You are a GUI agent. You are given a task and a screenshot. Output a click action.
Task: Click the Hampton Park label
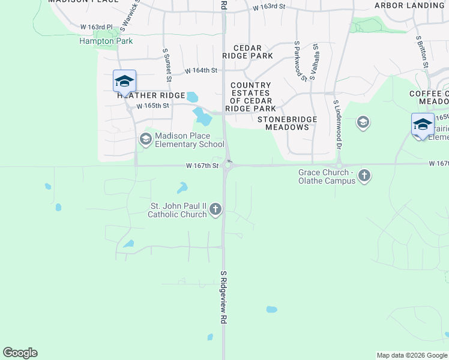[x=106, y=41]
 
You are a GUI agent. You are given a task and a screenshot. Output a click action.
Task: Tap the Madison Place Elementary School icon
[x=145, y=140]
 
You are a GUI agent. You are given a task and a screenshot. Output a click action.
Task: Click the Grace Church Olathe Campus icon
[x=364, y=176]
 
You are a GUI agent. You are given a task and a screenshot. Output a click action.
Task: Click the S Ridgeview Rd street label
[x=223, y=298]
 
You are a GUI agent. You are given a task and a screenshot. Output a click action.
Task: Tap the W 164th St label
[x=200, y=71]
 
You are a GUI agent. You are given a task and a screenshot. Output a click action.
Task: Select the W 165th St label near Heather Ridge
[x=153, y=106]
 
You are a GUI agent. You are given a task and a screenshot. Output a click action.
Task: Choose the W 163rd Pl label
[x=97, y=28]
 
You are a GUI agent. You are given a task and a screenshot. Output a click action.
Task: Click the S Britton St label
[x=422, y=51]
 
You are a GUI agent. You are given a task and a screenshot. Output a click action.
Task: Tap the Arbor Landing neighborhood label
[x=409, y=5]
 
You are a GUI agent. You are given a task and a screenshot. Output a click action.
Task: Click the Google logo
[x=20, y=353]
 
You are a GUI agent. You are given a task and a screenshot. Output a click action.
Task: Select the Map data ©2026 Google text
[x=412, y=355]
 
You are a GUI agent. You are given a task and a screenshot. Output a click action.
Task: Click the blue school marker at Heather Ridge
[x=124, y=81]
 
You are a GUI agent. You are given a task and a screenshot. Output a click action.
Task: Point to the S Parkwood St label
[x=297, y=61]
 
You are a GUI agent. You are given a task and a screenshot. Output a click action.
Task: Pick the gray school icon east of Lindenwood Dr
[x=363, y=123]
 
